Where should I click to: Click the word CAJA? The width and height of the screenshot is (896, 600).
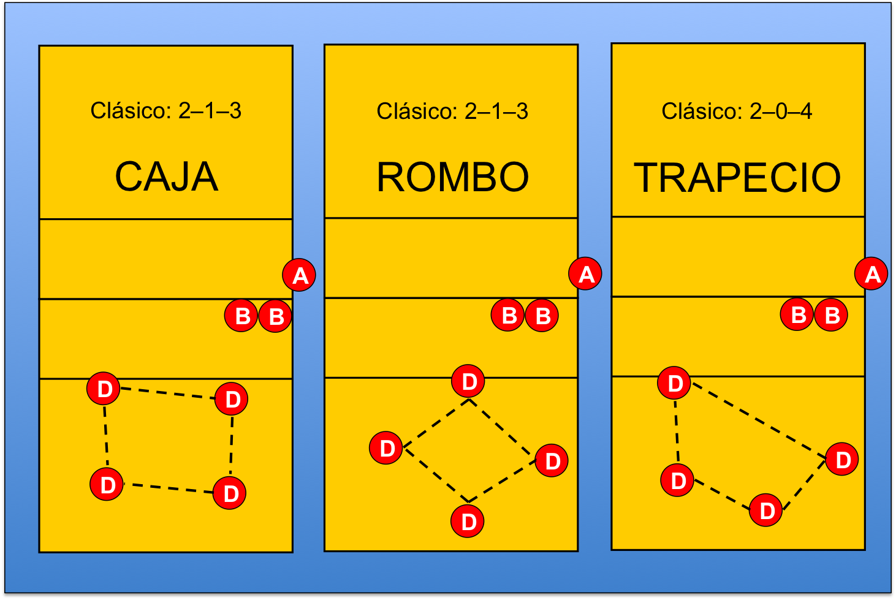(x=166, y=177)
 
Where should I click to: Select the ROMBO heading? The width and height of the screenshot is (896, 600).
(x=452, y=177)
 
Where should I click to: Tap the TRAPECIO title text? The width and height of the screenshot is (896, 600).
(x=737, y=178)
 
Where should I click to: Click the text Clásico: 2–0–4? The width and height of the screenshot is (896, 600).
(x=737, y=112)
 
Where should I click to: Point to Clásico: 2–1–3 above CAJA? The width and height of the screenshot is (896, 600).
(x=165, y=111)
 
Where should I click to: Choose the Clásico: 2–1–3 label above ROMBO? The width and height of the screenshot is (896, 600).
(x=452, y=112)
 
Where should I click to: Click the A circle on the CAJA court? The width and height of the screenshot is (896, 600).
(x=299, y=275)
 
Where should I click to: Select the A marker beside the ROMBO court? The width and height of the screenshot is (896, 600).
(x=585, y=274)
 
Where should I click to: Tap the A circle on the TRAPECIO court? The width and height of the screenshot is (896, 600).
(x=871, y=274)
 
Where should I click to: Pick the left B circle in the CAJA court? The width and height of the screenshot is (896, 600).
(x=241, y=316)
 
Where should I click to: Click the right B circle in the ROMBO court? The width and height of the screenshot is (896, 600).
(x=542, y=316)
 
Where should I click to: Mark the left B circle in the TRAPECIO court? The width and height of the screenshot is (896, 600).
(x=797, y=314)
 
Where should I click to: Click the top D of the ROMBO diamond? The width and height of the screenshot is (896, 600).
(x=468, y=381)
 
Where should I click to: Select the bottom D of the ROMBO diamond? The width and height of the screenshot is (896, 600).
(x=468, y=522)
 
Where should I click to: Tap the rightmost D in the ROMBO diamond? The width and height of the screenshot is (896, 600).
(x=552, y=461)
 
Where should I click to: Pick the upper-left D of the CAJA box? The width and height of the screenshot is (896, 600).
(x=104, y=389)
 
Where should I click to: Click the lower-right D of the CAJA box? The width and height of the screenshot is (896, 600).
(x=230, y=493)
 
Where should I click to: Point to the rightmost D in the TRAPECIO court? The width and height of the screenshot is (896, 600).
(x=842, y=459)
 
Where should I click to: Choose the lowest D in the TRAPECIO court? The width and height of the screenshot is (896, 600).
(x=766, y=510)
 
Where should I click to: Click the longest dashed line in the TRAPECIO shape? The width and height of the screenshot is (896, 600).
(x=759, y=421)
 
